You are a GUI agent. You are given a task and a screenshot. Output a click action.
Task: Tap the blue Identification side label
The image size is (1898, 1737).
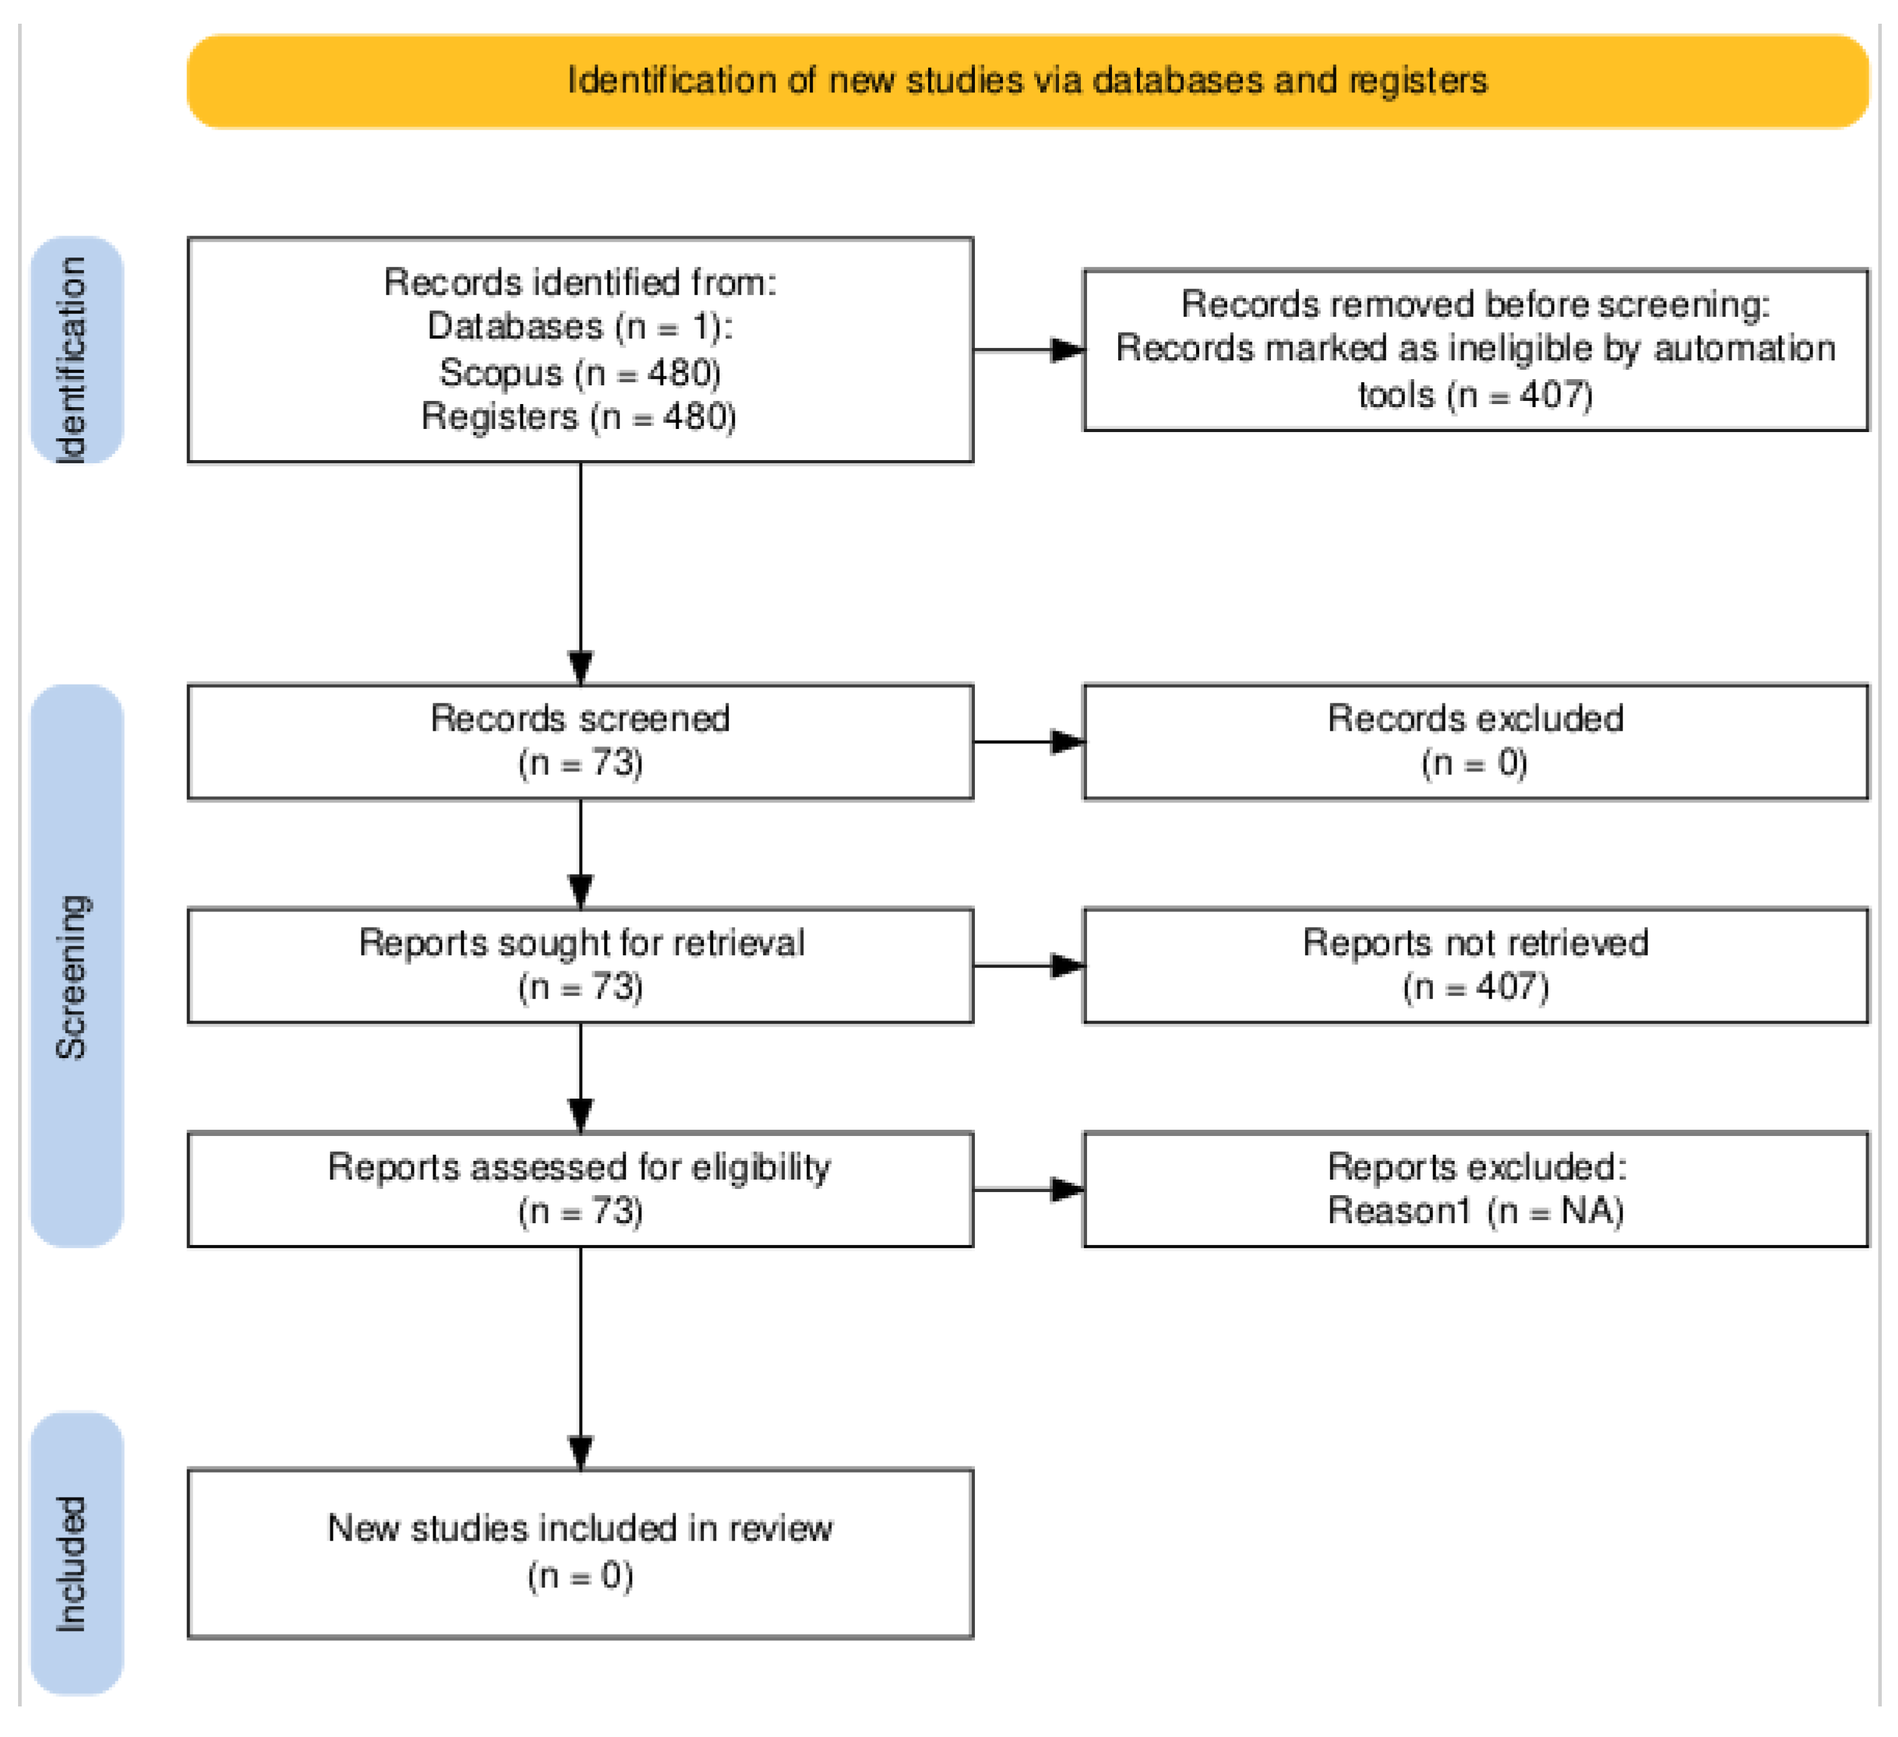tap(76, 350)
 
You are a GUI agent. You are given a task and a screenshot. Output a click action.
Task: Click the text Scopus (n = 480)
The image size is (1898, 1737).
tap(580, 373)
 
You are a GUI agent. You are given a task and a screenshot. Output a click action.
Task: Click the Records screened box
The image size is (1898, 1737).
tap(580, 743)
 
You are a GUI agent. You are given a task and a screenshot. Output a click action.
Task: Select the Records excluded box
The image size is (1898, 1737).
tap(1475, 743)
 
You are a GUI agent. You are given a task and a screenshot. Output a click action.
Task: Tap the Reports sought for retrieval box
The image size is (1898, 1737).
tap(580, 966)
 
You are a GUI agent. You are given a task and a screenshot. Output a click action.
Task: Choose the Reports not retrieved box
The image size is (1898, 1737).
tap(1475, 966)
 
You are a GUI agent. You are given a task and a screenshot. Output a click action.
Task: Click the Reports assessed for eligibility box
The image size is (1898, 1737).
tap(580, 1190)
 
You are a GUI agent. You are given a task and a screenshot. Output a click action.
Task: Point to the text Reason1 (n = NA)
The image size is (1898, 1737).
tap(1475, 1211)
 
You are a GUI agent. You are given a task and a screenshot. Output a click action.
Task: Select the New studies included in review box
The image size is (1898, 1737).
tap(580, 1554)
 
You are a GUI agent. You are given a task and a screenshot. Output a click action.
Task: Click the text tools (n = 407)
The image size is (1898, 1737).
tap(1475, 395)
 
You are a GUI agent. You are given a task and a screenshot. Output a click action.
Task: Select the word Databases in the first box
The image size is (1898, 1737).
tap(514, 327)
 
